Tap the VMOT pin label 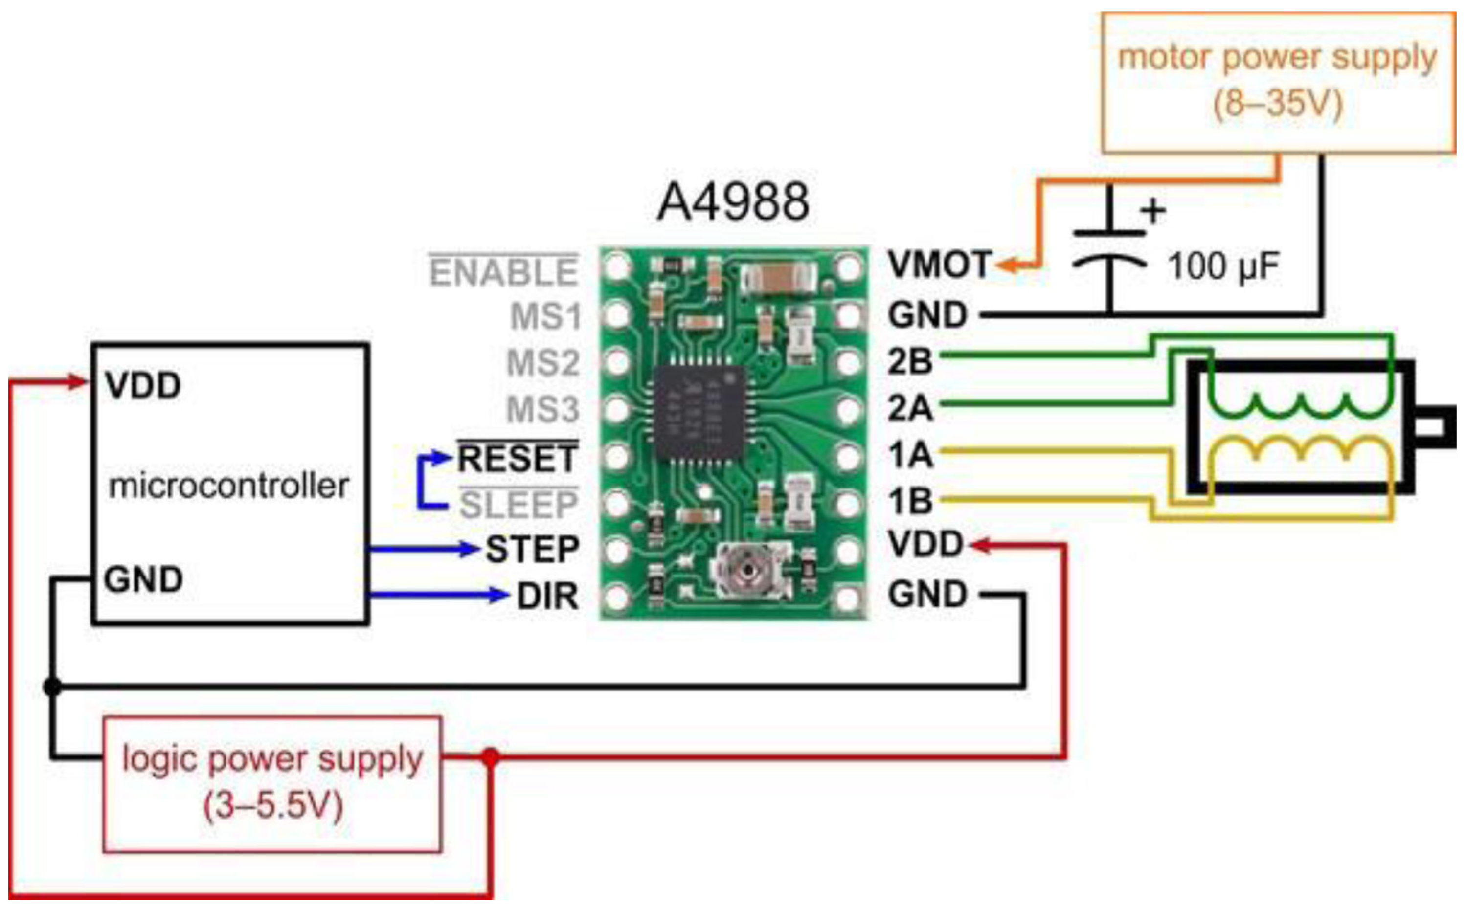coord(939,265)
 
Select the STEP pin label coord(532,549)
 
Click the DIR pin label coord(547,597)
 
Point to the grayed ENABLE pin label coord(503,272)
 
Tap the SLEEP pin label coord(519,505)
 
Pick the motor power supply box coord(1278,82)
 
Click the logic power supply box coord(272,784)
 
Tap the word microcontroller coord(228,486)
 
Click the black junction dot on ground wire coord(52,686)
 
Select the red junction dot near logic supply coord(490,756)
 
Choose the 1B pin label coord(910,500)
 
